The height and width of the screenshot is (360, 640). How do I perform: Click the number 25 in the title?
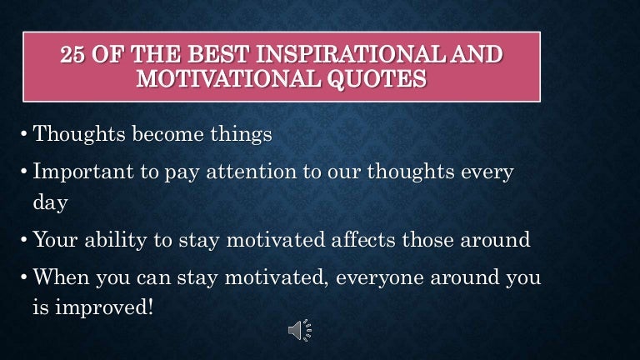click(75, 57)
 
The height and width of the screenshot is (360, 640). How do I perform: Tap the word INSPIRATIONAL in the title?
click(332, 57)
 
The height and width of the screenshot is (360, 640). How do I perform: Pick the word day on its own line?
click(48, 201)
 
